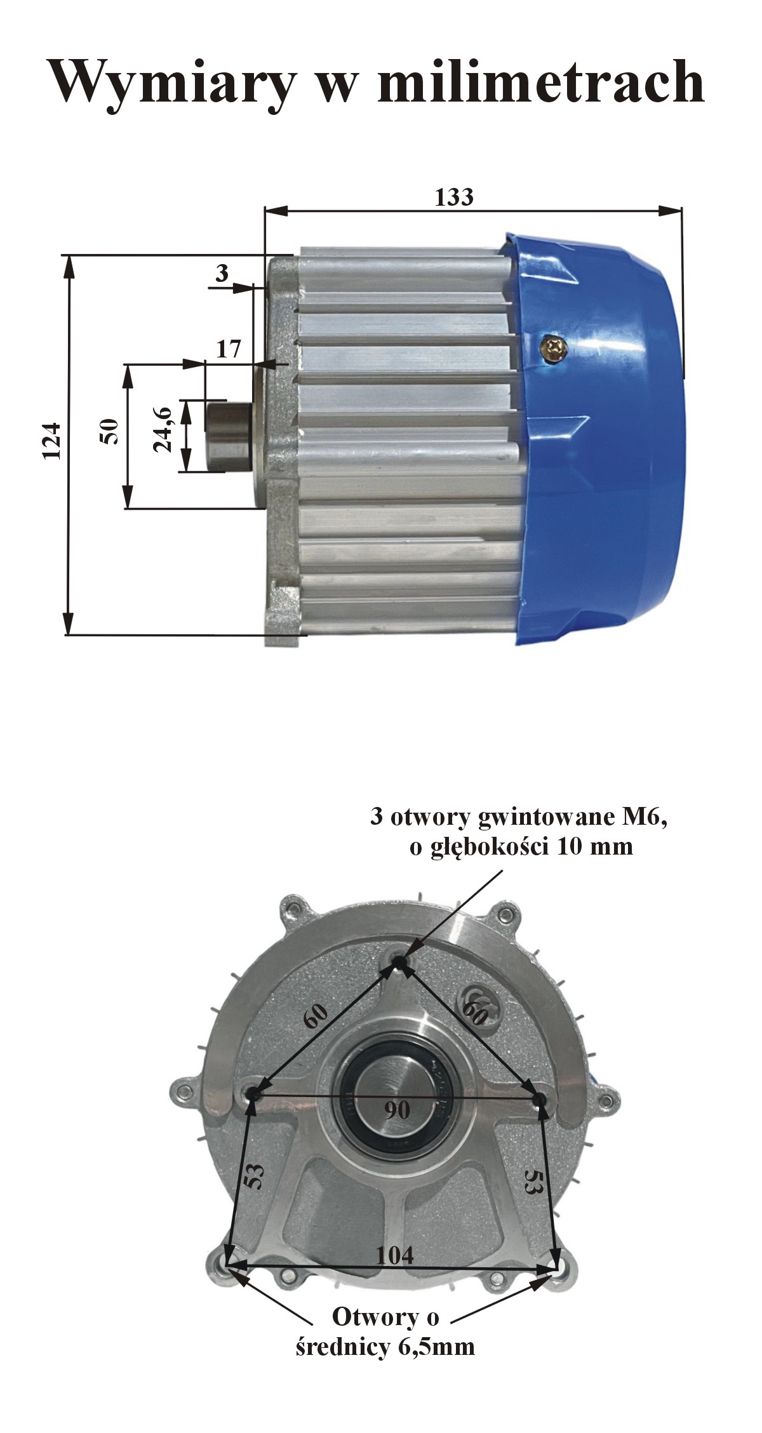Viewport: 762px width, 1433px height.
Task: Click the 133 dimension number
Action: tap(454, 197)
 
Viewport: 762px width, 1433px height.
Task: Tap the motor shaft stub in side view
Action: tap(229, 436)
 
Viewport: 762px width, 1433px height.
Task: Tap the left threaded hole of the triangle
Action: tap(253, 1093)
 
